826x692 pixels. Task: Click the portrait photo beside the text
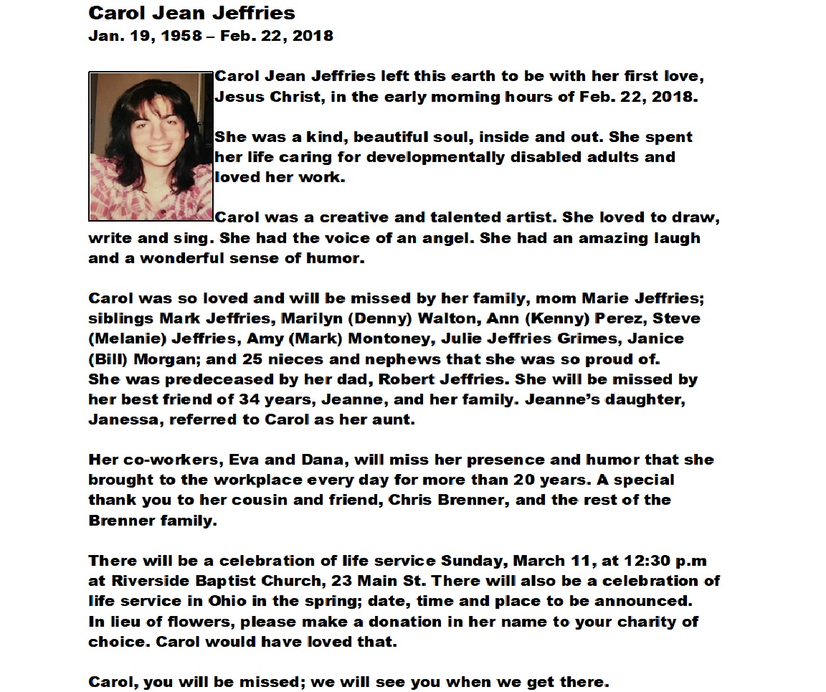tap(151, 146)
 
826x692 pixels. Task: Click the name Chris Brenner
tap(444, 500)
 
